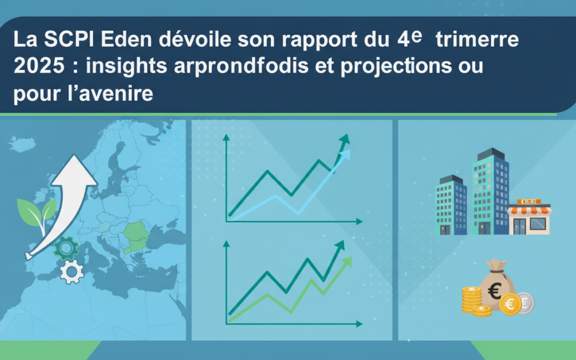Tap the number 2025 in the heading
click(35, 67)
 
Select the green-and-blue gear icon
click(67, 249)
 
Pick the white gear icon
click(71, 272)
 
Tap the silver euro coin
click(525, 302)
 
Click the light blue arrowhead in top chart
click(345, 155)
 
